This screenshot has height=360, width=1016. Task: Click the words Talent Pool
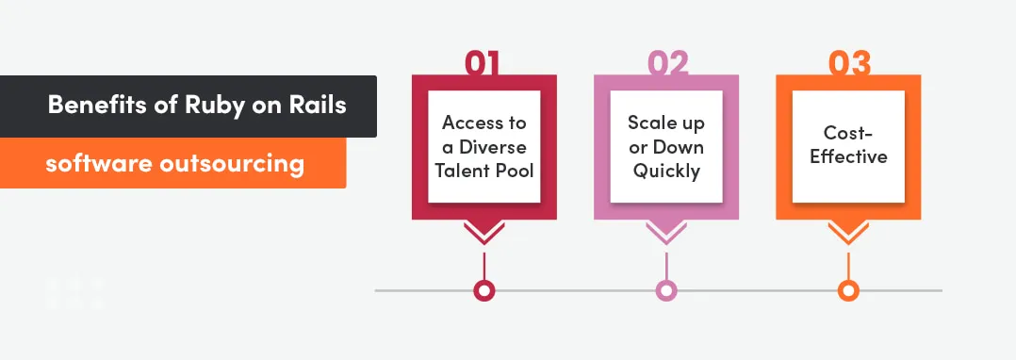click(x=484, y=171)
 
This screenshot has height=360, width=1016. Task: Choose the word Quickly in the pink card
click(x=665, y=171)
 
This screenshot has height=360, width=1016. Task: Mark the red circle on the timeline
click(x=483, y=290)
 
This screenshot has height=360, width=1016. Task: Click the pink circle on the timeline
click(x=665, y=290)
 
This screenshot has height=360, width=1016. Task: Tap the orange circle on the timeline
click(x=848, y=290)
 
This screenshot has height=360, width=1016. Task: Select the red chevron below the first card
click(x=483, y=231)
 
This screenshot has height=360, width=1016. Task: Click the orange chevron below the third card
click(x=848, y=231)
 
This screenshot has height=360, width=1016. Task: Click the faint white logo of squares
click(x=74, y=293)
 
